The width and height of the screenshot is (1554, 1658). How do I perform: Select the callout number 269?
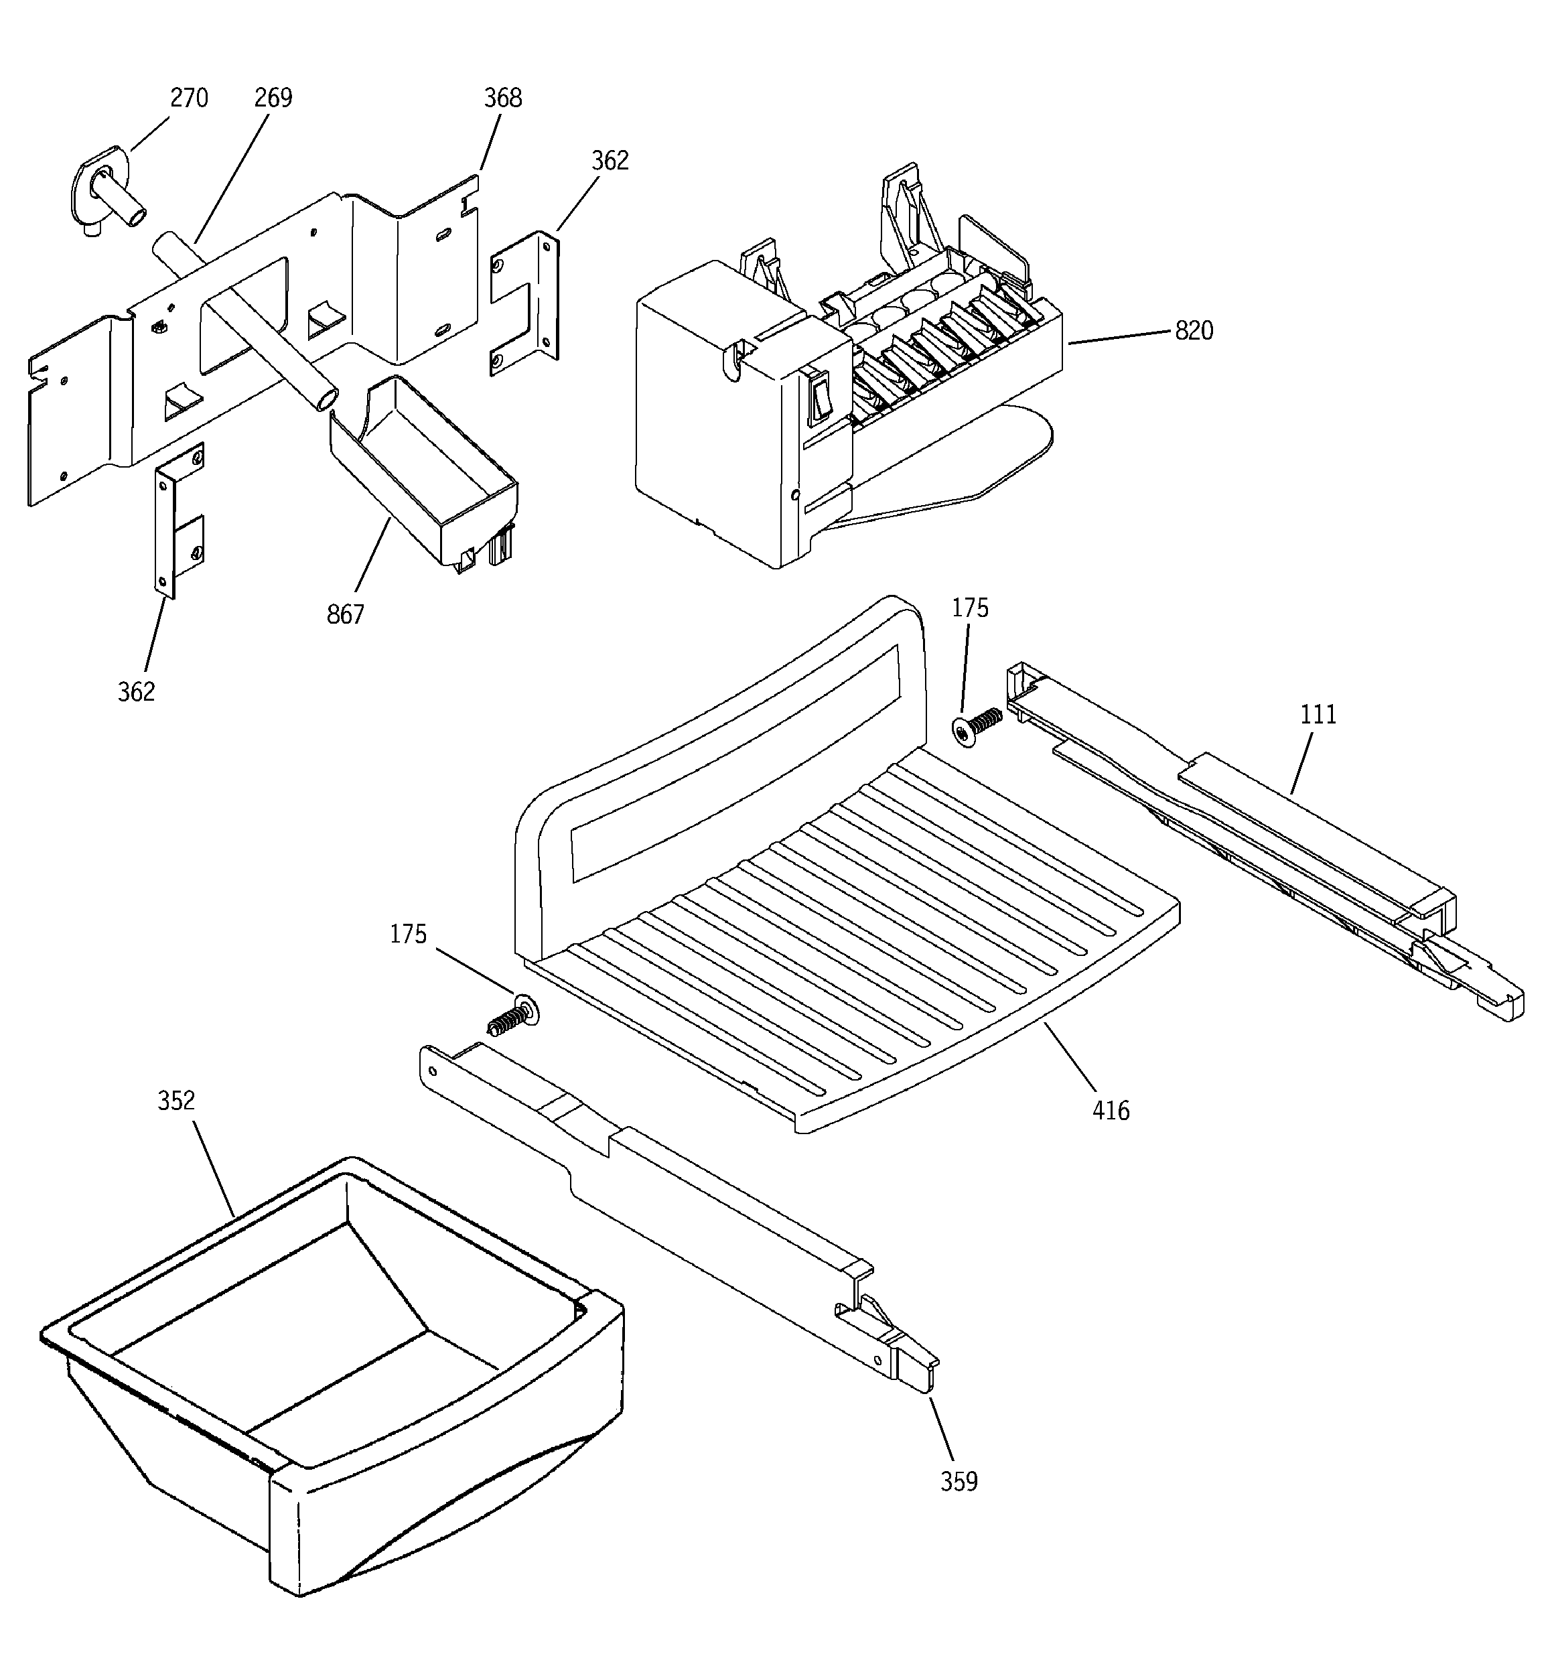click(x=273, y=98)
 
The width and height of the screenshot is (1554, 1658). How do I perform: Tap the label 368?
click(x=502, y=98)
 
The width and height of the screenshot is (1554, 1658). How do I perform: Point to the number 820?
click(x=1193, y=331)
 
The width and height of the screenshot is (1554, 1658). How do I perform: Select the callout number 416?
click(x=1110, y=1111)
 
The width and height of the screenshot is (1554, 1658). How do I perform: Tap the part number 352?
click(x=176, y=1101)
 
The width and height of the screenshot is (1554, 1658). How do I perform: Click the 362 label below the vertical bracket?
click(x=136, y=691)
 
